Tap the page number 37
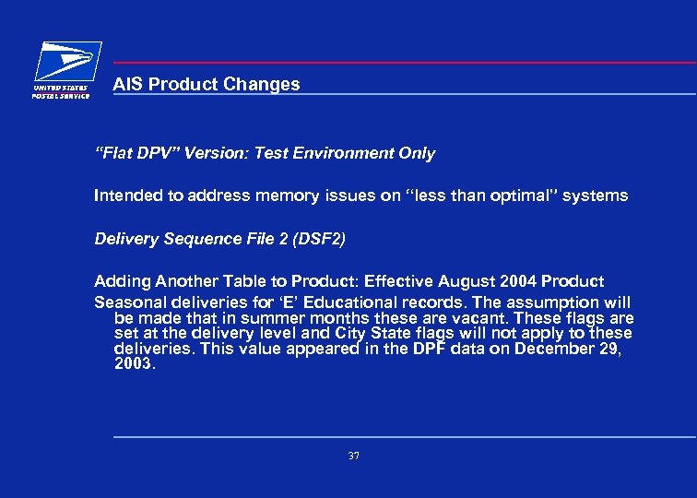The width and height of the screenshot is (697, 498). click(353, 456)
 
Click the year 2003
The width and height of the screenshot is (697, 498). click(134, 363)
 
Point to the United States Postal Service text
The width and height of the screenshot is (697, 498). click(62, 91)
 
